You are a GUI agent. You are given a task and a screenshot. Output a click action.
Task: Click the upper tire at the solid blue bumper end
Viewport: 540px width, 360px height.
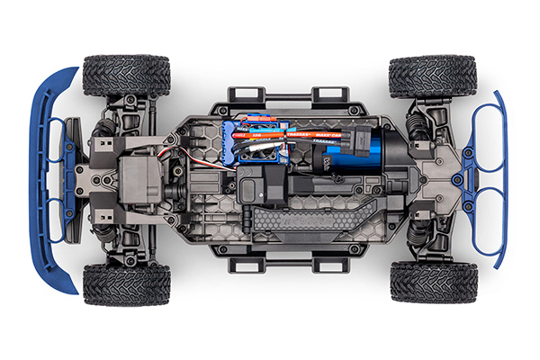pyautogui.click(x=127, y=76)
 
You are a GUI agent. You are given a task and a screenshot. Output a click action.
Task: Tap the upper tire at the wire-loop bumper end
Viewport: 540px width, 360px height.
pyautogui.click(x=420, y=76)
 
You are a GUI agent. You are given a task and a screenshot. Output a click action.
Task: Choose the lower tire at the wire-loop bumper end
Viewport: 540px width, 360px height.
pyautogui.click(x=420, y=282)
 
